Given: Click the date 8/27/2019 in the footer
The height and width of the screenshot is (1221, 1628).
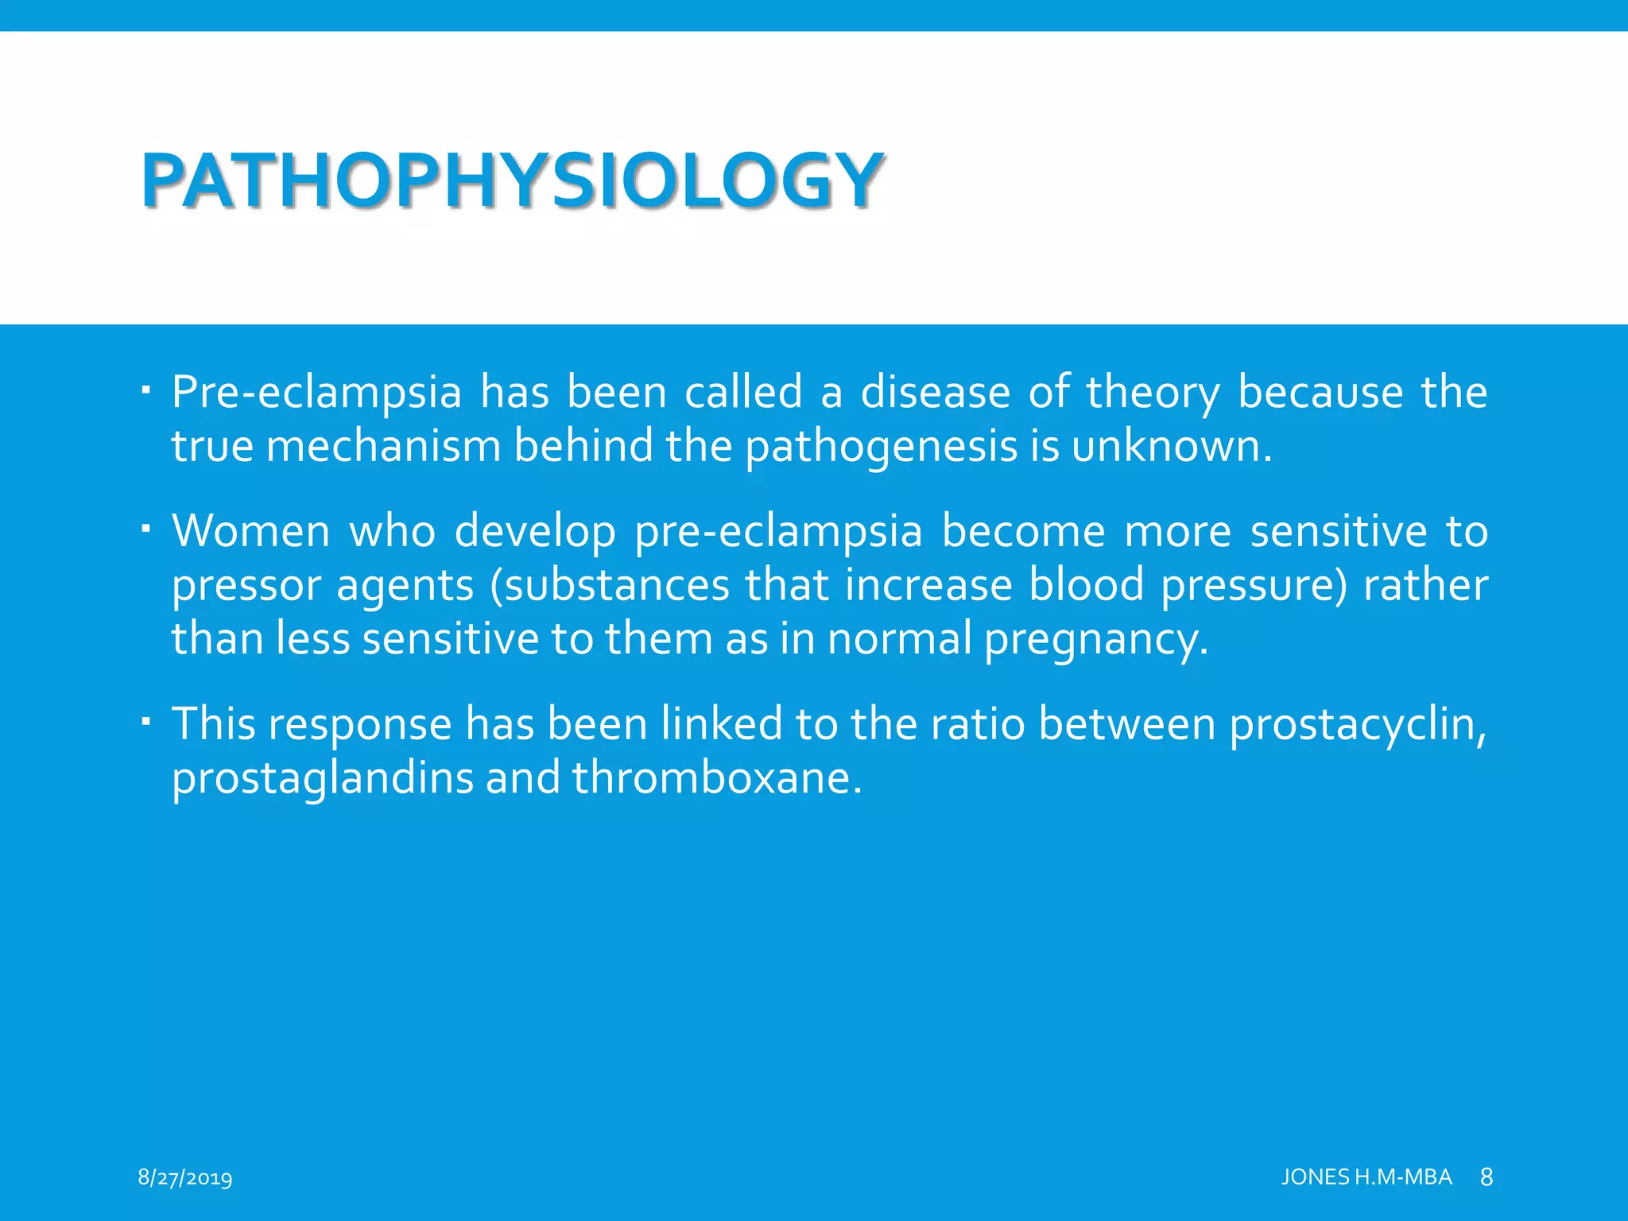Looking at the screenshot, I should (x=184, y=1177).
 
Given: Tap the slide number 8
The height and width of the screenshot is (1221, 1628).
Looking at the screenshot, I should (x=1487, y=1177).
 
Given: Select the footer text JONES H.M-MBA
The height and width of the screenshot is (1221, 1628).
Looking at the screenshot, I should (x=1366, y=1177).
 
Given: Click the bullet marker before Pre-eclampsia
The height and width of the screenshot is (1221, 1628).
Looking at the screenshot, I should (x=145, y=390).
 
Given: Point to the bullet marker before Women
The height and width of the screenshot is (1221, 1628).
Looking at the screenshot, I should (x=145, y=529).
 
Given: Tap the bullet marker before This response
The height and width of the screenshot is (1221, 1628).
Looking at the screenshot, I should (x=145, y=722).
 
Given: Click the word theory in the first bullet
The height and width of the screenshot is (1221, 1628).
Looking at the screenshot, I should (x=1153, y=393).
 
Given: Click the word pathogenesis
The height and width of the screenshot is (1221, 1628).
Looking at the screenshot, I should (x=881, y=447).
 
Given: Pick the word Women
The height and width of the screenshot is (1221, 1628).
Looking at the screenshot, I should (x=250, y=531).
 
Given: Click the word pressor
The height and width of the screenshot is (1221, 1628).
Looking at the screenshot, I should (x=243, y=587).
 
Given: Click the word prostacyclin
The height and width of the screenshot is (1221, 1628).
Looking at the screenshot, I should (x=1356, y=725).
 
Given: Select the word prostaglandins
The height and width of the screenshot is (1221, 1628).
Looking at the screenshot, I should (x=323, y=778).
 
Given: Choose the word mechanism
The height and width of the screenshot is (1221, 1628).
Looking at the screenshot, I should (x=383, y=447).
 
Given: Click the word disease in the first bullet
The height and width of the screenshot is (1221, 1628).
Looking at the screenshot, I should (x=935, y=393).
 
